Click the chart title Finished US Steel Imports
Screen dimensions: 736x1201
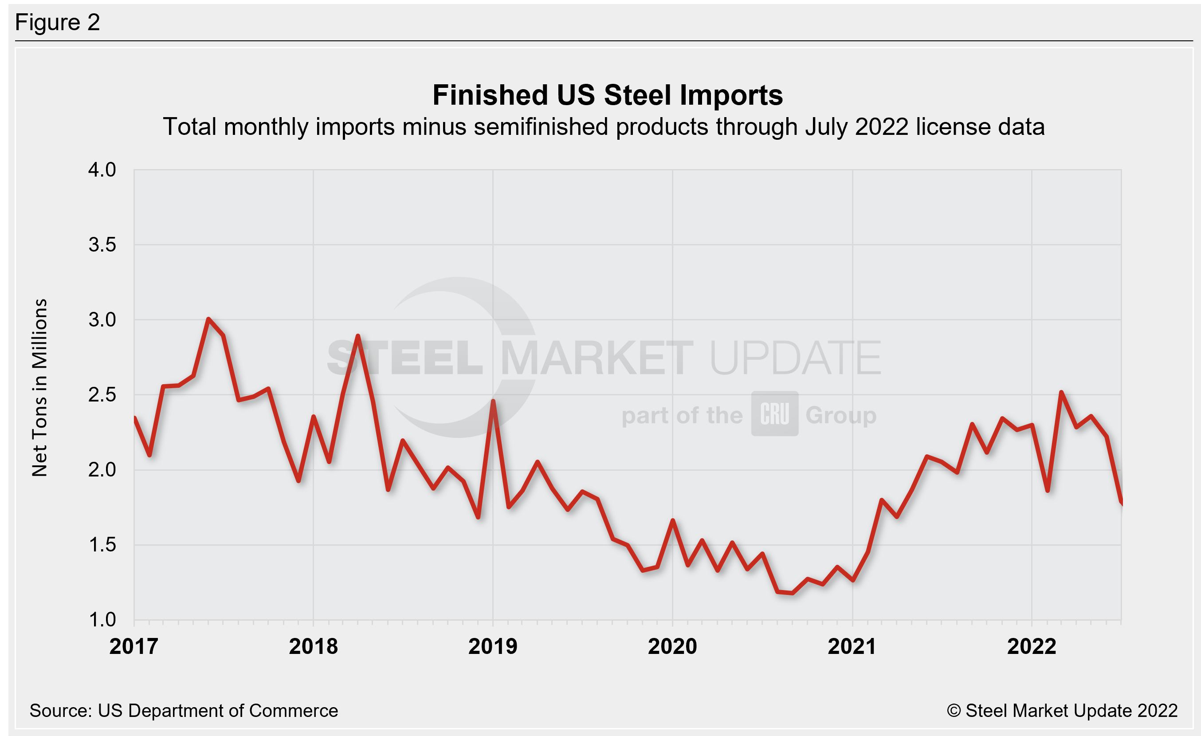tap(607, 95)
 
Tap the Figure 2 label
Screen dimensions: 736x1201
tap(58, 23)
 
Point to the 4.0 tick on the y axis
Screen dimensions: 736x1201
tap(102, 170)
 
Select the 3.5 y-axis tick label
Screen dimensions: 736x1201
tap(102, 245)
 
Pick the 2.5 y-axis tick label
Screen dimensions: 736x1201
tap(102, 395)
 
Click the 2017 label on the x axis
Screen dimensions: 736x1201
tap(133, 647)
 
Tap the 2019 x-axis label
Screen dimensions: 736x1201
tap(493, 647)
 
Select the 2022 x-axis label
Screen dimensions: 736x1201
tap(1032, 647)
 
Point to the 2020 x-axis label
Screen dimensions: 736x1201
tap(672, 647)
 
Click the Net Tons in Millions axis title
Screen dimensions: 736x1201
tap(39, 387)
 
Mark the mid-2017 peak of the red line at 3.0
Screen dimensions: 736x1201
tap(208, 320)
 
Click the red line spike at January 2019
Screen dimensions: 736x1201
tap(493, 401)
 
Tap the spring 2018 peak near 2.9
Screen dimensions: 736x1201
tap(358, 336)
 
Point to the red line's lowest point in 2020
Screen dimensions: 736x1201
tap(792, 593)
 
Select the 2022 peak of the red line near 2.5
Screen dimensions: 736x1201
tap(1061, 392)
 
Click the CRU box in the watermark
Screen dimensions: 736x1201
tap(774, 413)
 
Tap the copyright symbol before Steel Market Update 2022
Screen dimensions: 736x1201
tap(954, 711)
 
